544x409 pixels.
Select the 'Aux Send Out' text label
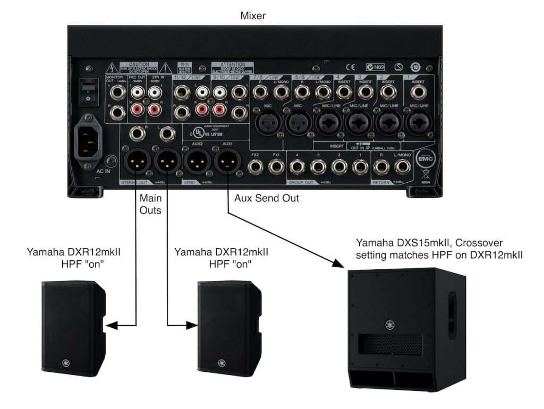coord(267,198)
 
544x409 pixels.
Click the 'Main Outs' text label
coord(150,203)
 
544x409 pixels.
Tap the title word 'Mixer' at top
coord(253,16)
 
